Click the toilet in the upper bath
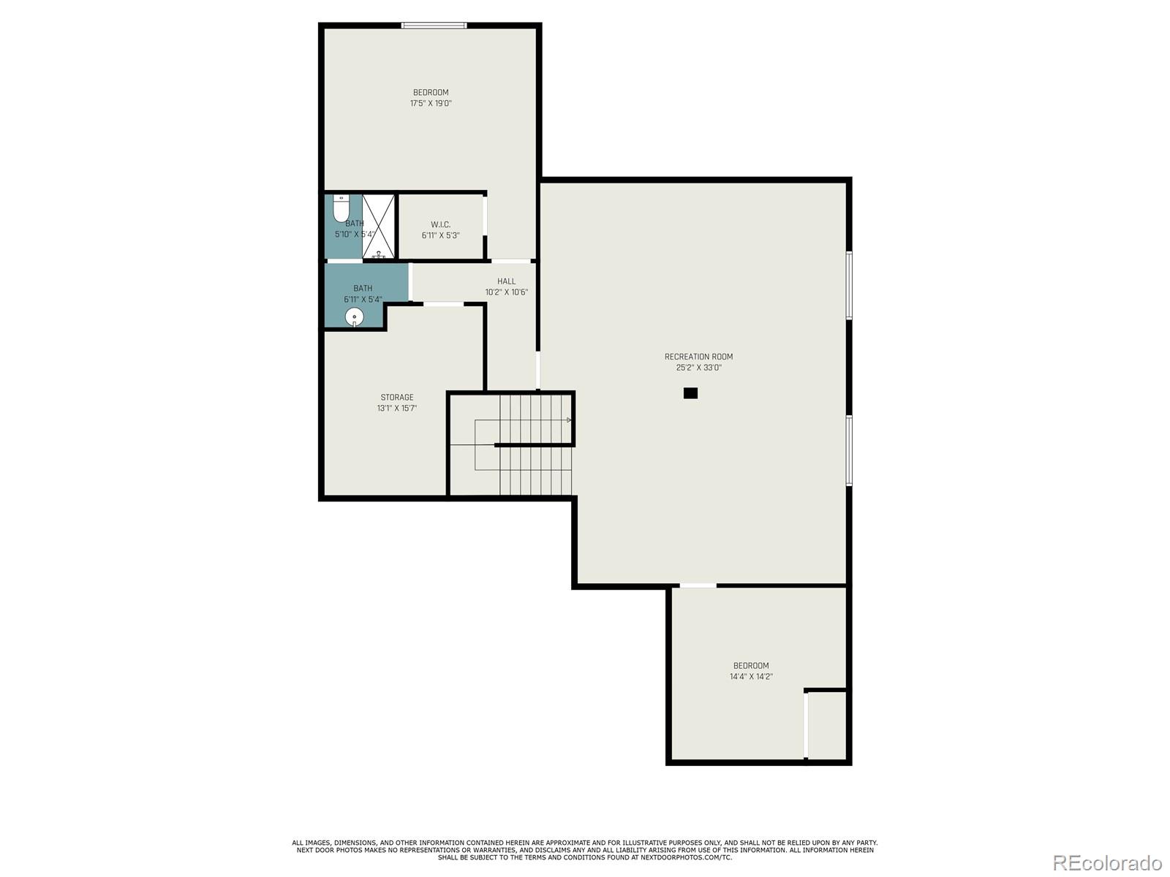[341, 208]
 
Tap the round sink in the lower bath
[355, 317]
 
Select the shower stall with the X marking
[379, 227]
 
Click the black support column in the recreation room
[690, 393]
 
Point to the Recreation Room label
[698, 357]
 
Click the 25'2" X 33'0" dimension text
[698, 368]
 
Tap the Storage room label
[397, 398]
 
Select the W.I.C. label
[441, 224]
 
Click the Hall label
[506, 281]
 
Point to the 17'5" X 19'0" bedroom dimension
[431, 103]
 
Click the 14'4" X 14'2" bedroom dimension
[751, 677]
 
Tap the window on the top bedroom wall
[434, 26]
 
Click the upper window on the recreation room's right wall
[849, 286]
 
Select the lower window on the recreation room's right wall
[849, 450]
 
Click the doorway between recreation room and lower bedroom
[698, 585]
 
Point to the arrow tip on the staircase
[570, 420]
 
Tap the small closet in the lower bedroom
[827, 725]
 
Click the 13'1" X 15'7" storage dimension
[397, 409]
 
